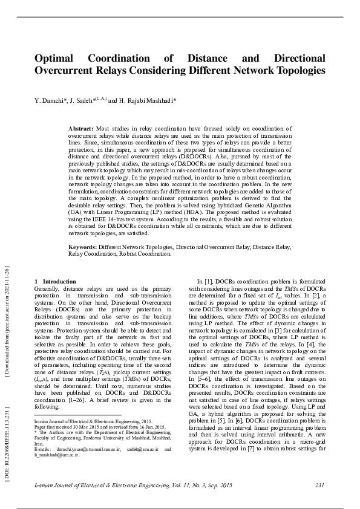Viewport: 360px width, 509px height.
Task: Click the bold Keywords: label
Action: pos(83,247)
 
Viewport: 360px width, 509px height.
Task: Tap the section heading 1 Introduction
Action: pos(55,281)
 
